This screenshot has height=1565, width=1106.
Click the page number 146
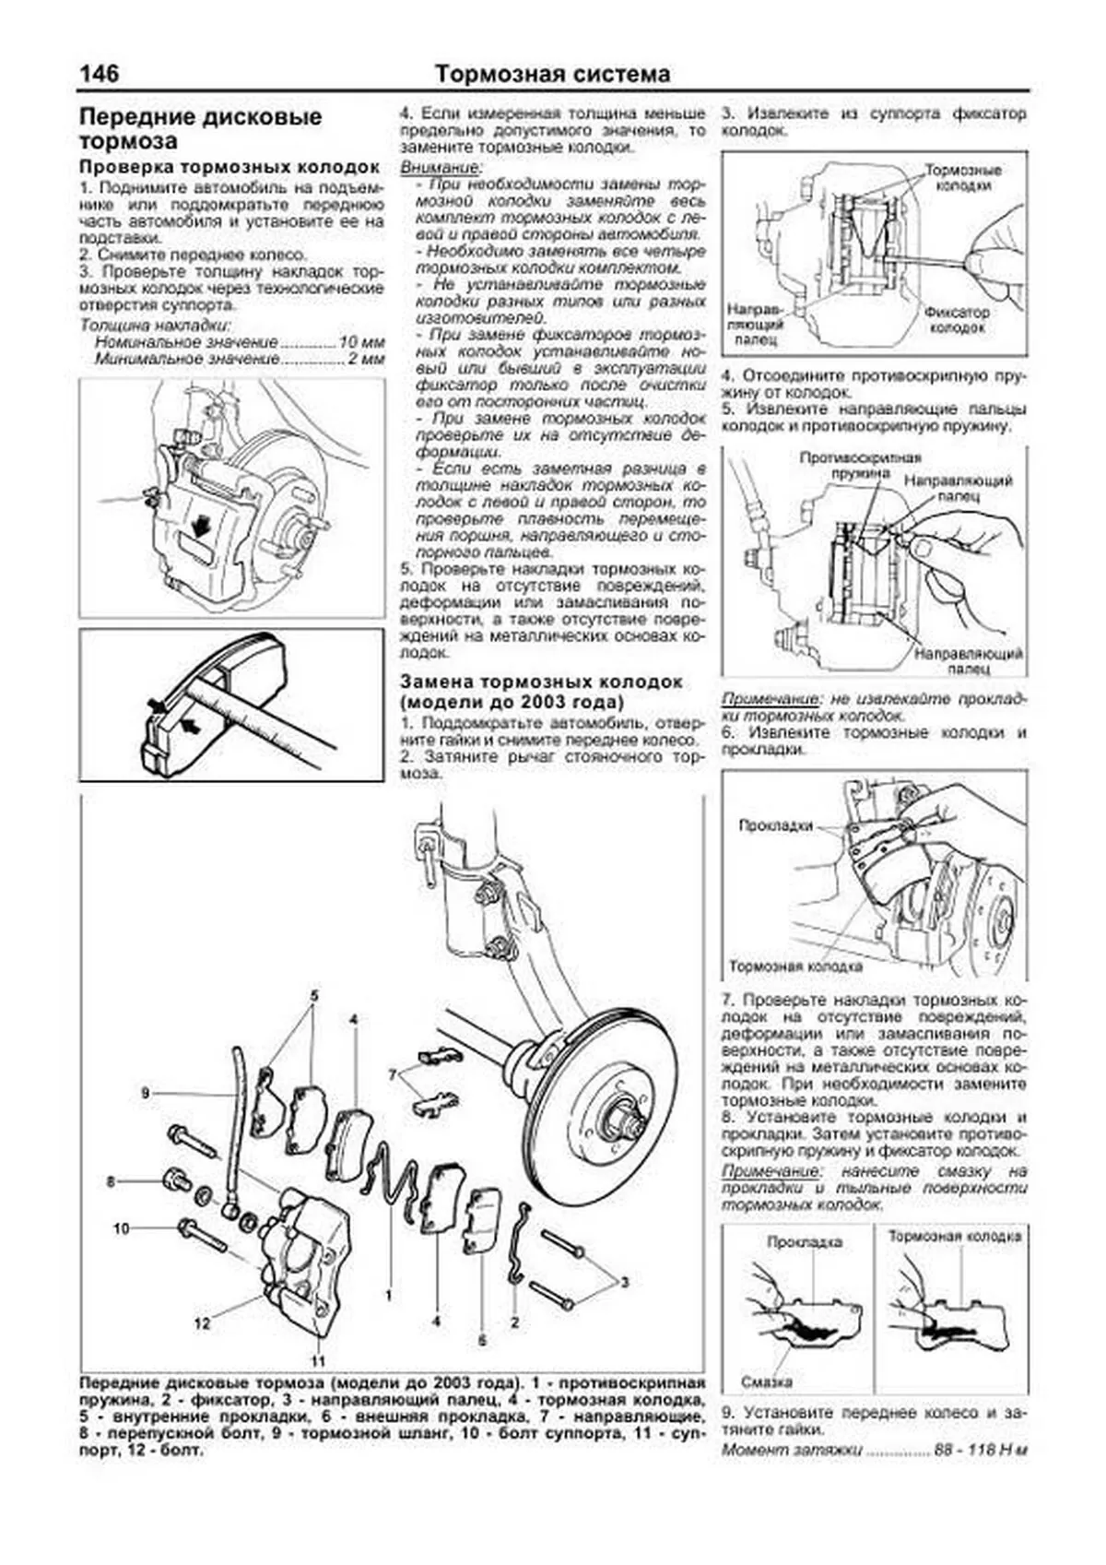pyautogui.click(x=100, y=73)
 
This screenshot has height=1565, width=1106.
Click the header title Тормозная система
pyautogui.click(x=552, y=74)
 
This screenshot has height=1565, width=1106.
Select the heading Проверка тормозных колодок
pyautogui.click(x=229, y=167)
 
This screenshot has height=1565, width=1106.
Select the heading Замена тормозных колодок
pyautogui.click(x=541, y=682)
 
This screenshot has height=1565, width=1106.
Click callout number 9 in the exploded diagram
pyautogui.click(x=145, y=1093)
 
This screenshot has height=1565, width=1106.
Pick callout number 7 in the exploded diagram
pyautogui.click(x=394, y=1074)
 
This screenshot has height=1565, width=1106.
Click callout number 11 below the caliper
pyautogui.click(x=319, y=1360)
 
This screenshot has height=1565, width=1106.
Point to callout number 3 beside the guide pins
pyautogui.click(x=624, y=1282)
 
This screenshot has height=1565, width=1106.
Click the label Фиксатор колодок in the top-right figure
pyautogui.click(x=957, y=320)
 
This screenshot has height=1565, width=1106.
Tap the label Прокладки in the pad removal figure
pyautogui.click(x=775, y=825)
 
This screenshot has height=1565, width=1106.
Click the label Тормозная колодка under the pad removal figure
pyautogui.click(x=795, y=966)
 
